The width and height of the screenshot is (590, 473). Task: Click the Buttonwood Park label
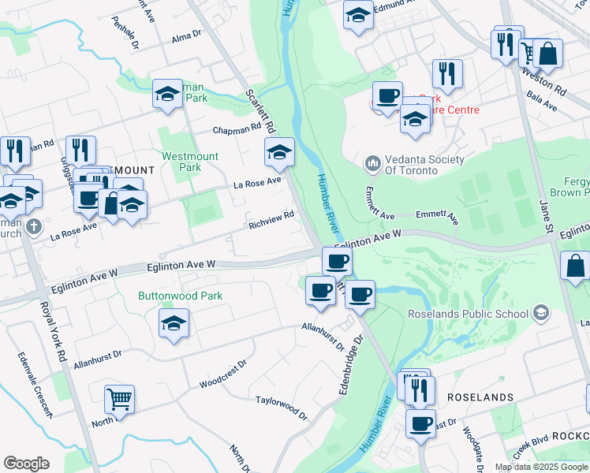point(180,296)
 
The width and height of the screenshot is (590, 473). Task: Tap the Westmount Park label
point(190,162)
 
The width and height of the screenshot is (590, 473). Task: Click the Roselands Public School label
point(467,314)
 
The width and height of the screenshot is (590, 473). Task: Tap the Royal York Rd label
point(52,331)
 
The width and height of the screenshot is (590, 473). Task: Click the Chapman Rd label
point(236,128)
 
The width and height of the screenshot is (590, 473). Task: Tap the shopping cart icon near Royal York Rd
point(119,399)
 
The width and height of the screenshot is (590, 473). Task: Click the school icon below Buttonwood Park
point(174,323)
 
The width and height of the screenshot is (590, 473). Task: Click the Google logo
point(26,464)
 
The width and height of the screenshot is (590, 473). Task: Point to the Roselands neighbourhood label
point(480,397)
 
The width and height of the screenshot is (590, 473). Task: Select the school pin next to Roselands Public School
point(540,314)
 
